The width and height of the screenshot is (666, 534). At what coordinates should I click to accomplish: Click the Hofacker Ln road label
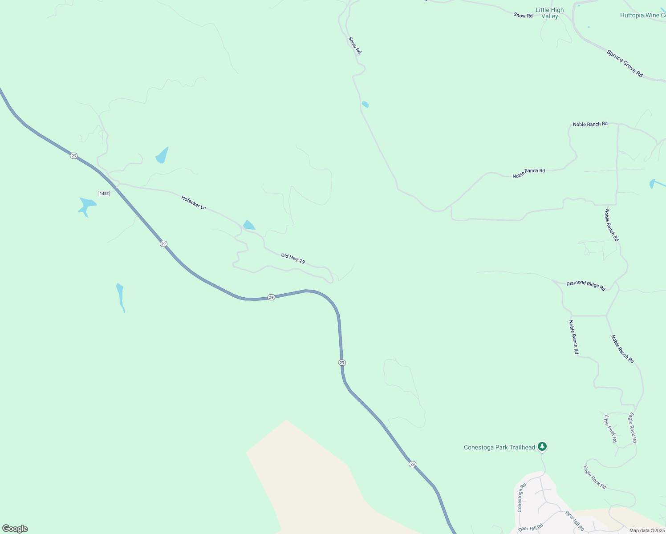tap(194, 202)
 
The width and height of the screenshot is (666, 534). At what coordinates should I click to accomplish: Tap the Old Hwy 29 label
tap(293, 259)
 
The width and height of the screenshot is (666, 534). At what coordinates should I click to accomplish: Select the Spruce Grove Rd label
tap(625, 63)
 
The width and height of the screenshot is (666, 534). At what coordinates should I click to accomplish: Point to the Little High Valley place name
tap(549, 13)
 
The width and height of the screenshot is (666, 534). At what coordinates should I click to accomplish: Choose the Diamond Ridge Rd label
tap(586, 285)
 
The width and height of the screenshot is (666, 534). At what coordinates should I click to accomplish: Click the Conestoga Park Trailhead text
tap(499, 447)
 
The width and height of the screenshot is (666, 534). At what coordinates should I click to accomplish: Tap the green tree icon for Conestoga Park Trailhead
tap(542, 446)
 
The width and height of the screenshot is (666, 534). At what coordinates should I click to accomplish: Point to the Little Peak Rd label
tap(610, 429)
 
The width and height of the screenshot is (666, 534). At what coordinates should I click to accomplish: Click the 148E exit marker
tap(104, 194)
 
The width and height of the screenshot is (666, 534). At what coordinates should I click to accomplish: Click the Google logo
tap(15, 529)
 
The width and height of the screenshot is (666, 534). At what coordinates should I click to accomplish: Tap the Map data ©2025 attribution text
tap(647, 530)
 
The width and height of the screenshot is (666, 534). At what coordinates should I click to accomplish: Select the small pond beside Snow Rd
tap(365, 105)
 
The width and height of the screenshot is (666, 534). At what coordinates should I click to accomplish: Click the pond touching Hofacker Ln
tap(248, 225)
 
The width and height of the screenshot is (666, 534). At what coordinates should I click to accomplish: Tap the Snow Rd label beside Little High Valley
tap(523, 16)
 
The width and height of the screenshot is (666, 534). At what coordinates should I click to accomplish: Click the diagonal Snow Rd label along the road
tap(355, 45)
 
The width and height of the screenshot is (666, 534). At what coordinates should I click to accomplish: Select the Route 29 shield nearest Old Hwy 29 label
tap(271, 297)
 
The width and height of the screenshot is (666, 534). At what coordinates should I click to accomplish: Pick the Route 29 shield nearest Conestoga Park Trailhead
tap(413, 464)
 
